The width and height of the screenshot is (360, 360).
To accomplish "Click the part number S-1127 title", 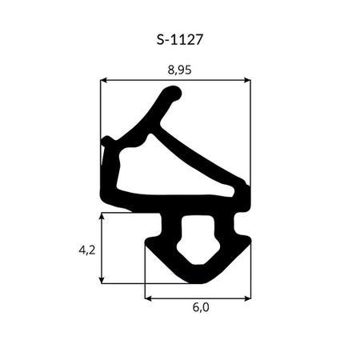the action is tap(180, 40).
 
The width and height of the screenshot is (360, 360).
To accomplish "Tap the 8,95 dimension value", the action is tap(179, 70).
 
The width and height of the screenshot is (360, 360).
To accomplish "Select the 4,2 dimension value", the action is tap(87, 250).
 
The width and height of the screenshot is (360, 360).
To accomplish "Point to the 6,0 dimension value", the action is tap(201, 307).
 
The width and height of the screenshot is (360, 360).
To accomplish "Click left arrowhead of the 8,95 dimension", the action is tap(103, 80).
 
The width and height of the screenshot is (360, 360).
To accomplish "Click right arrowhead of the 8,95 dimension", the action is tap(247, 80).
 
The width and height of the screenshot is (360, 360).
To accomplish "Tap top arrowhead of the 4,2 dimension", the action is tap(102, 216).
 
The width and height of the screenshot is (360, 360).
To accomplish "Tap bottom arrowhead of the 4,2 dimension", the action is tap(102, 280).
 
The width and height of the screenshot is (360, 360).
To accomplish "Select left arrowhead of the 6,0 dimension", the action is tap(148, 298).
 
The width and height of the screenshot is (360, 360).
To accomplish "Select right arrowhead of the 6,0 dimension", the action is tap(248, 298).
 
